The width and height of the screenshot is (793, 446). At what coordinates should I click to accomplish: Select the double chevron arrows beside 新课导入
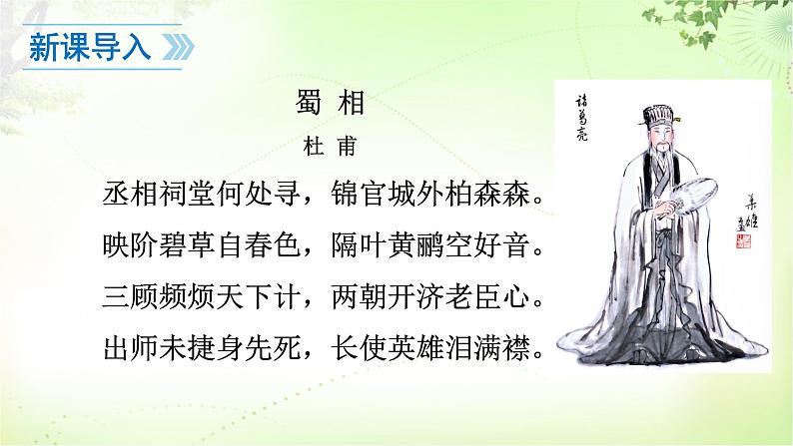pos(177,48)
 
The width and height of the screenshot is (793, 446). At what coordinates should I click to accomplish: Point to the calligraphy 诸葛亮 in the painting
pos(583,116)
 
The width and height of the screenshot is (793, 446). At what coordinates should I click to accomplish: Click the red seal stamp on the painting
pos(743,242)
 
